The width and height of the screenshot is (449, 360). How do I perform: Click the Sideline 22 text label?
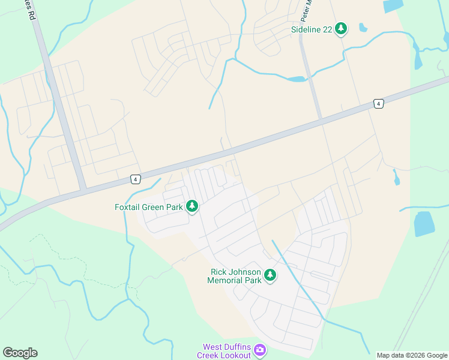(312, 29)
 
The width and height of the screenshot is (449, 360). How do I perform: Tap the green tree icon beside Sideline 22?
(341, 28)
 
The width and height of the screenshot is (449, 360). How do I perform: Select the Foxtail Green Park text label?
(149, 207)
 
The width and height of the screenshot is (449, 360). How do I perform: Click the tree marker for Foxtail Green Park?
(192, 207)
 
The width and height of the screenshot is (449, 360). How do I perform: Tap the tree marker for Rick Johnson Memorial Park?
(270, 275)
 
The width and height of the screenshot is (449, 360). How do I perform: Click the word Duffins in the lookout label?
(240, 347)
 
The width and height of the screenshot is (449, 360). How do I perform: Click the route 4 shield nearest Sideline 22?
(378, 104)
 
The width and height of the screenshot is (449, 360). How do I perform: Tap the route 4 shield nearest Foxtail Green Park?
(136, 179)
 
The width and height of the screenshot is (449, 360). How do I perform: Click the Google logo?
(20, 353)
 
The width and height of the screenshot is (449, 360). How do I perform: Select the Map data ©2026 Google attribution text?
(411, 355)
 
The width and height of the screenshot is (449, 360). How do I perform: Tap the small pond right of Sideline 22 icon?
(363, 27)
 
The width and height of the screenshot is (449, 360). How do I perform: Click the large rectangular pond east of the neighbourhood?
(424, 223)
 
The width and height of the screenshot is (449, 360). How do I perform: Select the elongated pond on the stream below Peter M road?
(297, 79)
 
